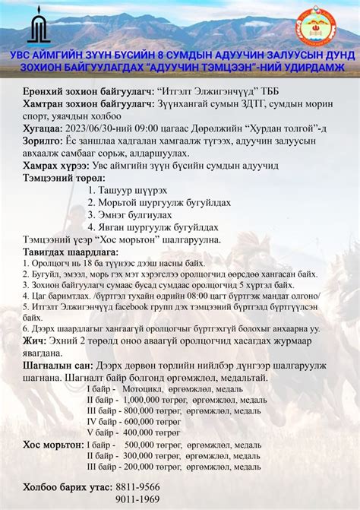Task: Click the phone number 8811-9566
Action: (x=138, y=486)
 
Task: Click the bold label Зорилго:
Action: (x=43, y=141)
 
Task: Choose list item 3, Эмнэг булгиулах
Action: (x=132, y=214)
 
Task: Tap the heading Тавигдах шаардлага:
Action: (x=70, y=251)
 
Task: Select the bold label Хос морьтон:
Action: (x=52, y=444)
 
